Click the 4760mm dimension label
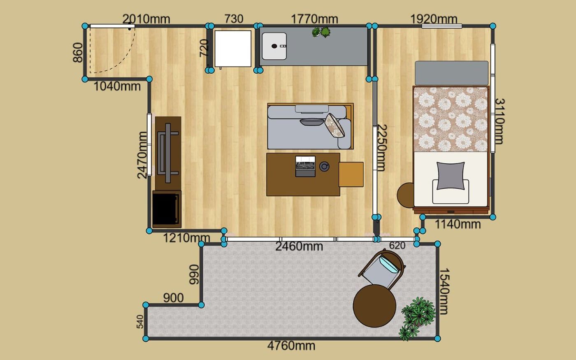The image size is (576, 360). [x=291, y=346]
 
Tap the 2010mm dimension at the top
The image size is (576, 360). [x=146, y=19]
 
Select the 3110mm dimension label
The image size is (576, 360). [x=500, y=121]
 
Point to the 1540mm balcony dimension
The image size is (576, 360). [x=444, y=291]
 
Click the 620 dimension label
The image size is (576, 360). [x=397, y=246]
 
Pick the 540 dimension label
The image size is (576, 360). [x=140, y=322]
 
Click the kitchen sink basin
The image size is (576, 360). [x=274, y=46]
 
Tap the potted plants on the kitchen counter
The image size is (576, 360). [x=321, y=32]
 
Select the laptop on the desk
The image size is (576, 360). [x=305, y=166]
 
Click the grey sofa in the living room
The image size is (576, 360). [x=309, y=127]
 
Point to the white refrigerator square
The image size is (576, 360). [x=233, y=49]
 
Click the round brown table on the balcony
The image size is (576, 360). [x=374, y=306]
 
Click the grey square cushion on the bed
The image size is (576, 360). [x=451, y=176]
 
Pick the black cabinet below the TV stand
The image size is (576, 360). [x=167, y=209]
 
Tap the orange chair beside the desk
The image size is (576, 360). [x=351, y=174]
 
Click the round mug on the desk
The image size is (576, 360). [x=325, y=166]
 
